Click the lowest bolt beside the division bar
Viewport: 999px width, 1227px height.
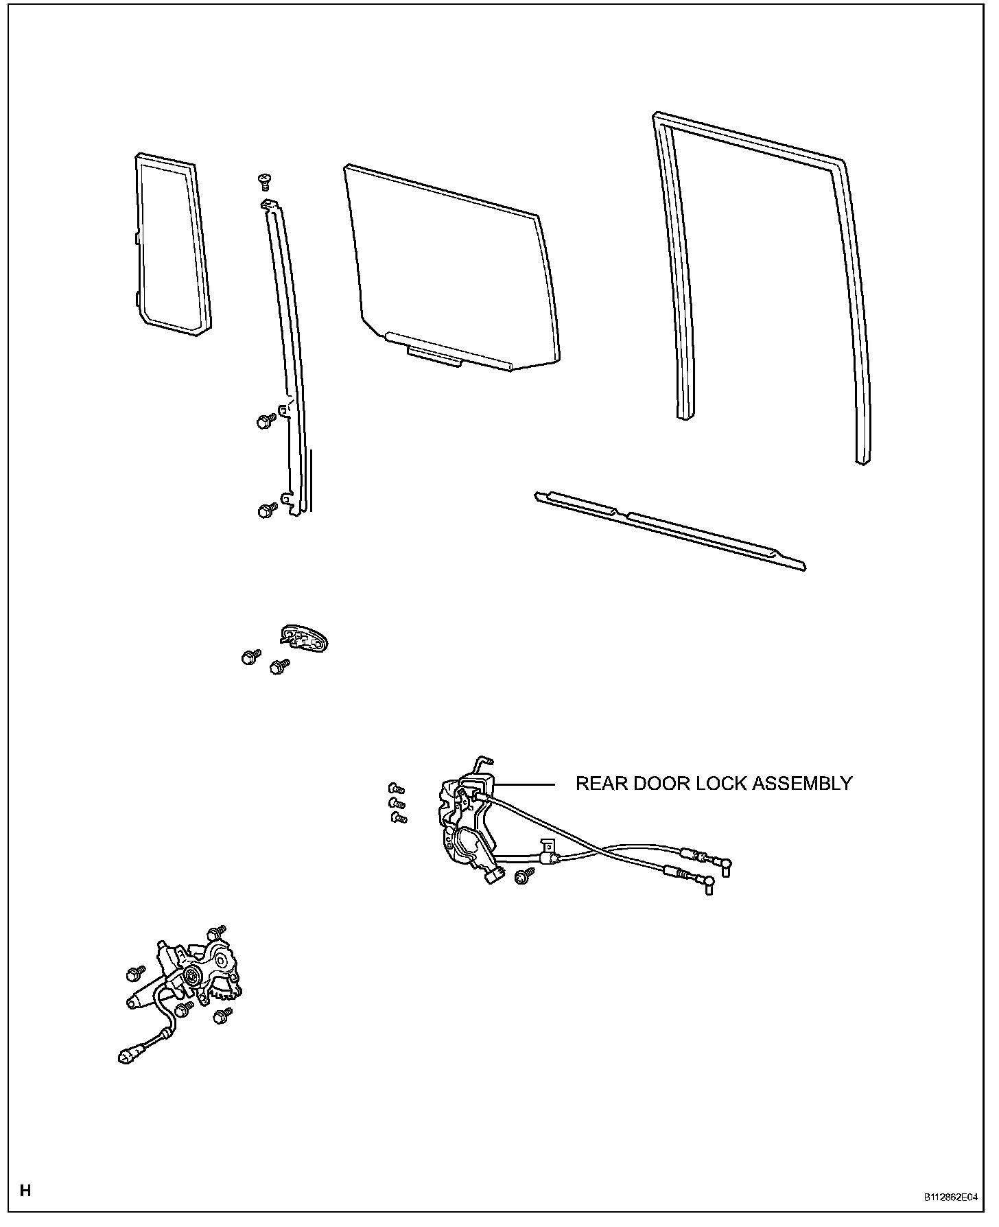(266, 511)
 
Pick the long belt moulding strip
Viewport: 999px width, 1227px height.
(669, 529)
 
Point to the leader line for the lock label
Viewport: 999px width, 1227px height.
(526, 784)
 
